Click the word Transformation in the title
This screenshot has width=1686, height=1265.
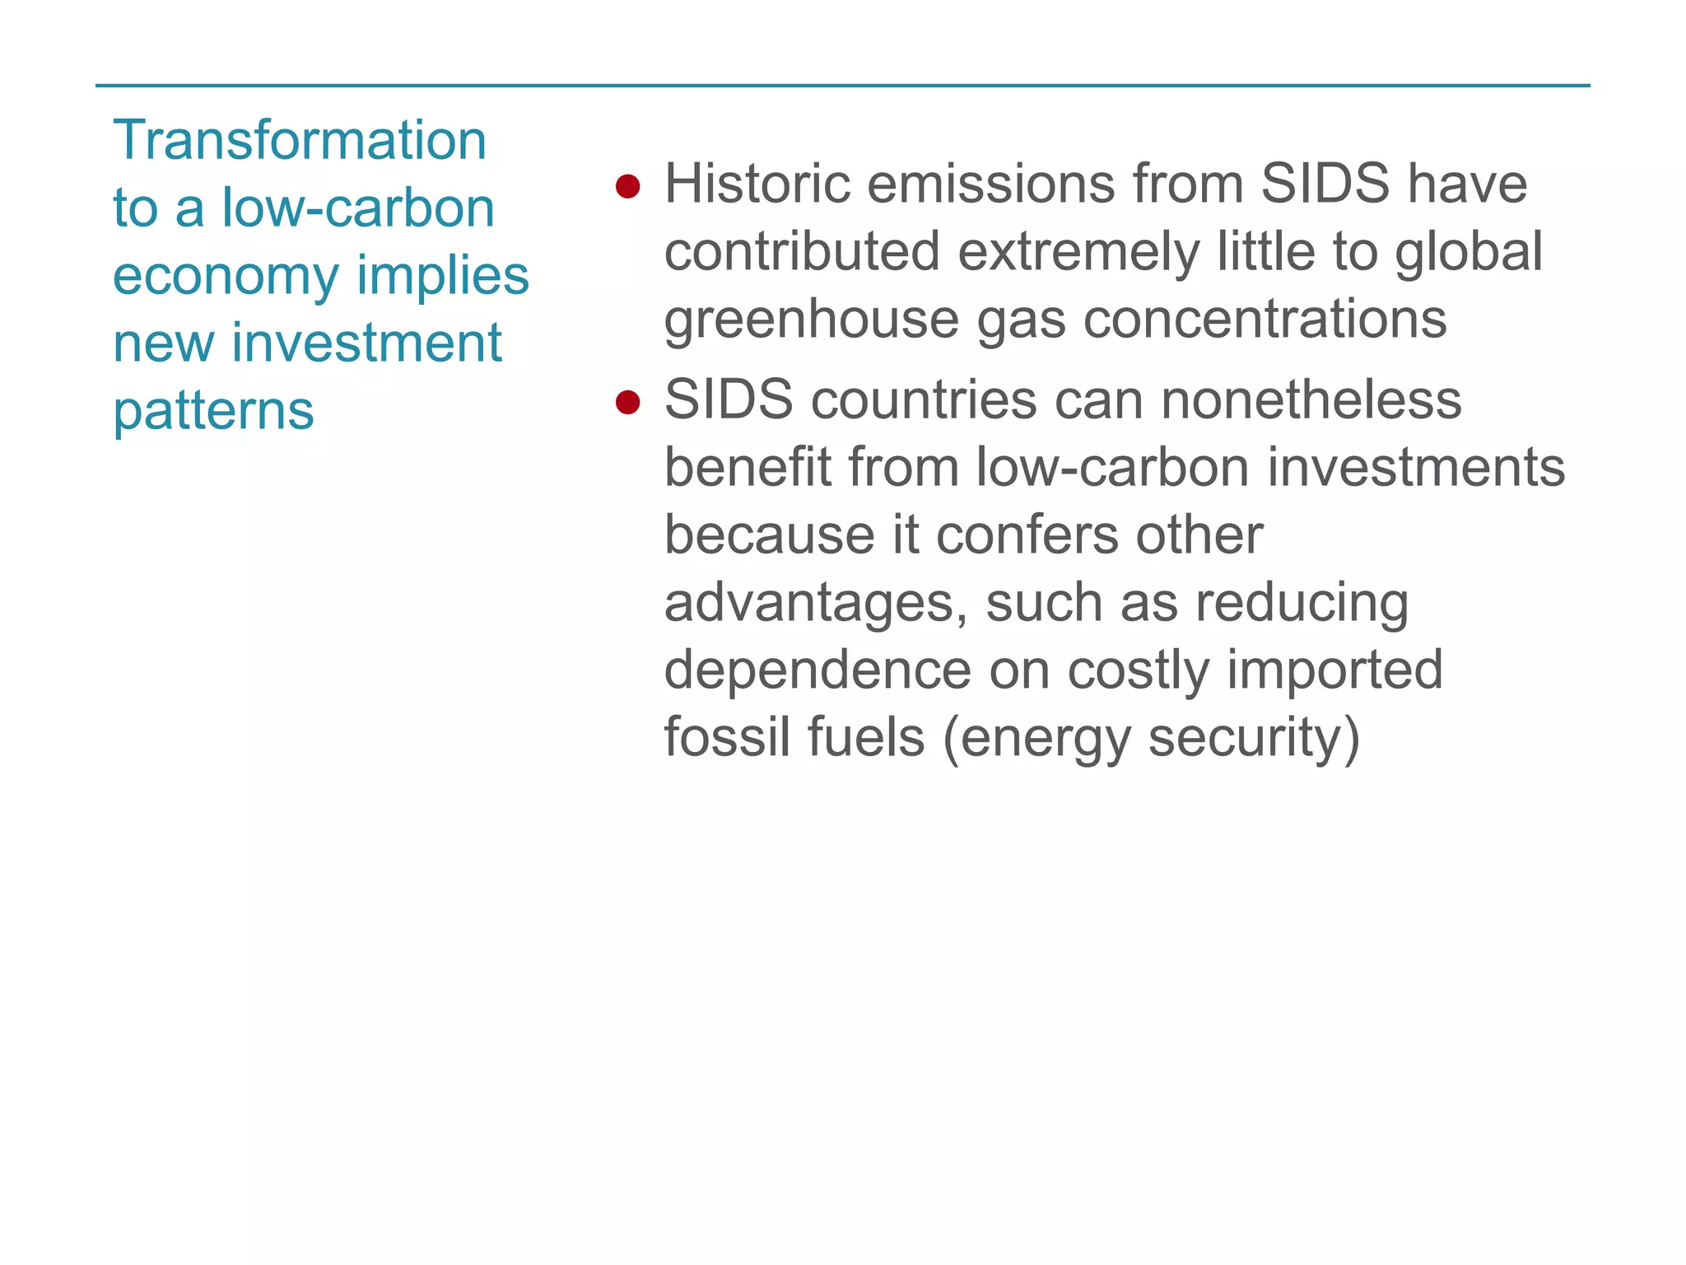click(x=300, y=140)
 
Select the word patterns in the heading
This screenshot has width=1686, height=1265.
click(x=213, y=410)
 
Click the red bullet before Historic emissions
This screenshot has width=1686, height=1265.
click(x=627, y=186)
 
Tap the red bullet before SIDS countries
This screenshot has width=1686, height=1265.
click(x=627, y=403)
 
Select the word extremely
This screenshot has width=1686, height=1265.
click(x=1078, y=251)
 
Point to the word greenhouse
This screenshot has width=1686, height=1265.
click(x=811, y=320)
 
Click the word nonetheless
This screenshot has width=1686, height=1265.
click(x=1311, y=400)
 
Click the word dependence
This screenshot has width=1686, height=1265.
click(x=817, y=670)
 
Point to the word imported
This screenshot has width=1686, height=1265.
click(x=1334, y=670)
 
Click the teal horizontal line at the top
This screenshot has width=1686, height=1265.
click(x=843, y=86)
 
